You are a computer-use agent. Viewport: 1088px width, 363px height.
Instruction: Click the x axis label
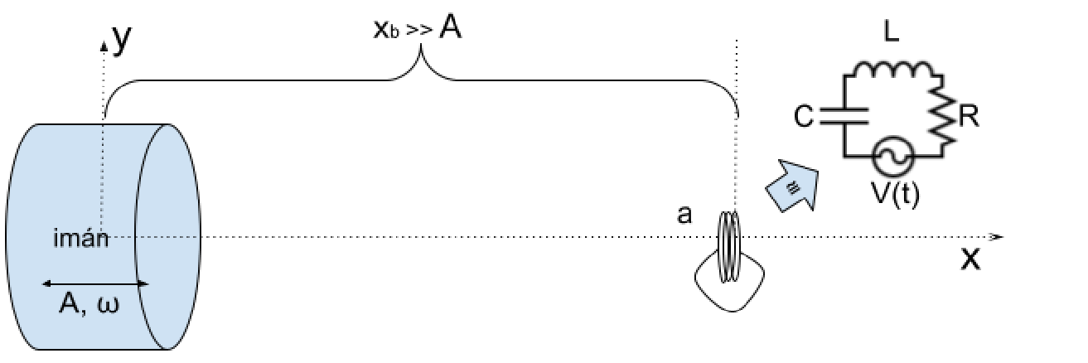pyautogui.click(x=970, y=259)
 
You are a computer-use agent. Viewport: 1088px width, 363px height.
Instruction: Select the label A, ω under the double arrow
pyautogui.click(x=89, y=306)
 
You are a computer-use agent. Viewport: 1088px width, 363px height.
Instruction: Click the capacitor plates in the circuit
pyautogui.click(x=844, y=116)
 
